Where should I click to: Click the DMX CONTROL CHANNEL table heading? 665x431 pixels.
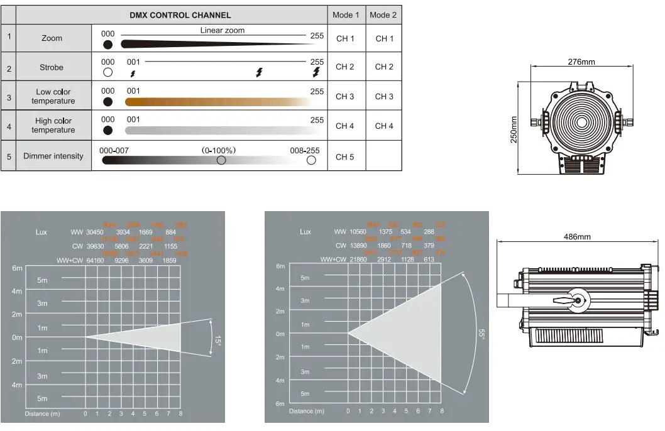pyautogui.click(x=180, y=15)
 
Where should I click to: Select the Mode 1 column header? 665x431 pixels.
pyautogui.click(x=346, y=15)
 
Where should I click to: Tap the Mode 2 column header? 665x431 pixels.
pyautogui.click(x=383, y=15)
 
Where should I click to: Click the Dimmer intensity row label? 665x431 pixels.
pyautogui.click(x=53, y=156)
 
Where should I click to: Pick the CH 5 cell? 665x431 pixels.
pyautogui.click(x=345, y=156)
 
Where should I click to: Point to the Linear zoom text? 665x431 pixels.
pyautogui.click(x=223, y=30)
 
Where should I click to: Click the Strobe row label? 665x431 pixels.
pyautogui.click(x=52, y=67)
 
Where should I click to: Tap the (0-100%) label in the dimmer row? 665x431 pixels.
pyautogui.click(x=218, y=150)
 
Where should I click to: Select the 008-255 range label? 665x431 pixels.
pyautogui.click(x=305, y=150)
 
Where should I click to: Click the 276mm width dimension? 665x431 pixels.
pyautogui.click(x=581, y=62)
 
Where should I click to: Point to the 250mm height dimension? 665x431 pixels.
pyautogui.click(x=514, y=129)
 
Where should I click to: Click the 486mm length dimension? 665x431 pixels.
pyautogui.click(x=576, y=237)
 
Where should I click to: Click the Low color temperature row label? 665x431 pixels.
pyautogui.click(x=53, y=96)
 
